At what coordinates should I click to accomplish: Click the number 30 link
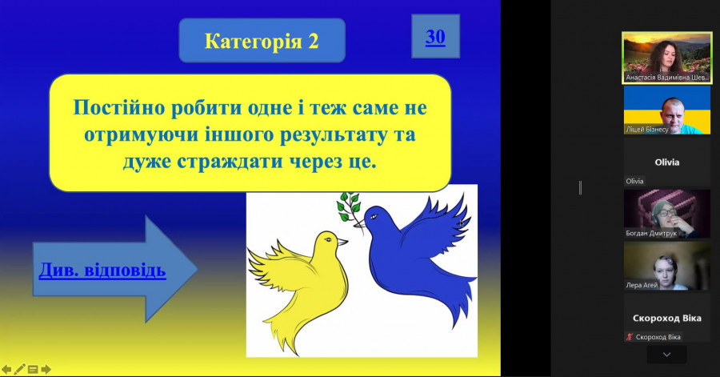click(x=435, y=37)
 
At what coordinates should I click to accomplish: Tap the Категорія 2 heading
click(x=262, y=41)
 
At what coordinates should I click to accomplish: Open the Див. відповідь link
click(x=102, y=270)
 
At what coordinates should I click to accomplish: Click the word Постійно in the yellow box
click(x=119, y=107)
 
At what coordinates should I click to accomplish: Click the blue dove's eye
click(x=373, y=216)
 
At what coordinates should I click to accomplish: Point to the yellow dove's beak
click(x=342, y=241)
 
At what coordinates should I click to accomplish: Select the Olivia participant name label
click(x=634, y=181)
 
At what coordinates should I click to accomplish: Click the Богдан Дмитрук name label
click(x=651, y=233)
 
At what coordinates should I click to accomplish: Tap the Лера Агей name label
click(x=642, y=285)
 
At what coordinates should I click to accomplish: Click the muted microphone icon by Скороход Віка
click(x=630, y=337)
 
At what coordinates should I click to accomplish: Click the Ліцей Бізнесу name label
click(x=647, y=130)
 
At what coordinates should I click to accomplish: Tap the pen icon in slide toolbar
click(x=19, y=369)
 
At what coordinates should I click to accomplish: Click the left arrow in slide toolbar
click(x=6, y=369)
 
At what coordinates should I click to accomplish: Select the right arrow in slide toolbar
click(x=46, y=369)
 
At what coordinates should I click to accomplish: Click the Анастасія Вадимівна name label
click(x=667, y=78)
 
